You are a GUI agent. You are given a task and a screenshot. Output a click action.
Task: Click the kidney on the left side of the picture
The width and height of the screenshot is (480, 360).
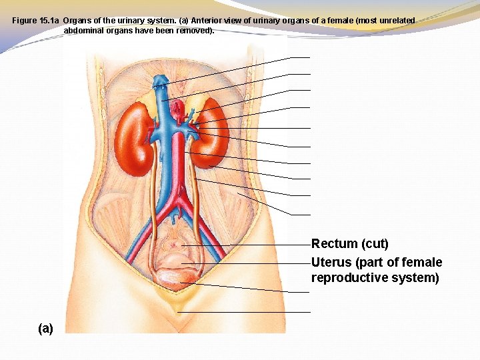135,139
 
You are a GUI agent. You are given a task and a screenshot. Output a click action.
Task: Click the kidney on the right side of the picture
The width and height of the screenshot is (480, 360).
212,137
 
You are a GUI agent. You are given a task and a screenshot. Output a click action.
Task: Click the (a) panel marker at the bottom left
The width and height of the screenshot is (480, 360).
46,328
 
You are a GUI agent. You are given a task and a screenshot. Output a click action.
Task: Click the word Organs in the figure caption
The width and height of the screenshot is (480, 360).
77,21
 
